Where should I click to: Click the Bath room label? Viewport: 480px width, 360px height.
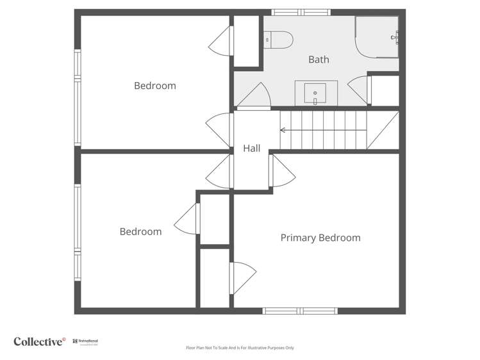pos(319,60)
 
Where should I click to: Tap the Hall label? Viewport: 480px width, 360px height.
pos(251,148)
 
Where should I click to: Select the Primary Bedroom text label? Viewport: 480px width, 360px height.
pos(320,238)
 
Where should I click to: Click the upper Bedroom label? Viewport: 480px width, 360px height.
pos(154,86)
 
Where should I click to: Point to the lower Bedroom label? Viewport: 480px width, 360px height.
pos(140,231)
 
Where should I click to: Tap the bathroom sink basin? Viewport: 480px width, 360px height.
pos(315,94)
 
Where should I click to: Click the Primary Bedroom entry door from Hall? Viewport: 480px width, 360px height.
pos(280,171)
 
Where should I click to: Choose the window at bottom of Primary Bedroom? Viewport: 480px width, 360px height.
pos(300,311)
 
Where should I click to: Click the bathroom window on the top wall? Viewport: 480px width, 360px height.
pos(301,12)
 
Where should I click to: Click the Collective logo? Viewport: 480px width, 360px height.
pos(40,341)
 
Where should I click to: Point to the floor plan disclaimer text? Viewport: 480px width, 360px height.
pos(240,348)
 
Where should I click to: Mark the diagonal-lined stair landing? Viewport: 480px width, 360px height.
pos(383,131)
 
